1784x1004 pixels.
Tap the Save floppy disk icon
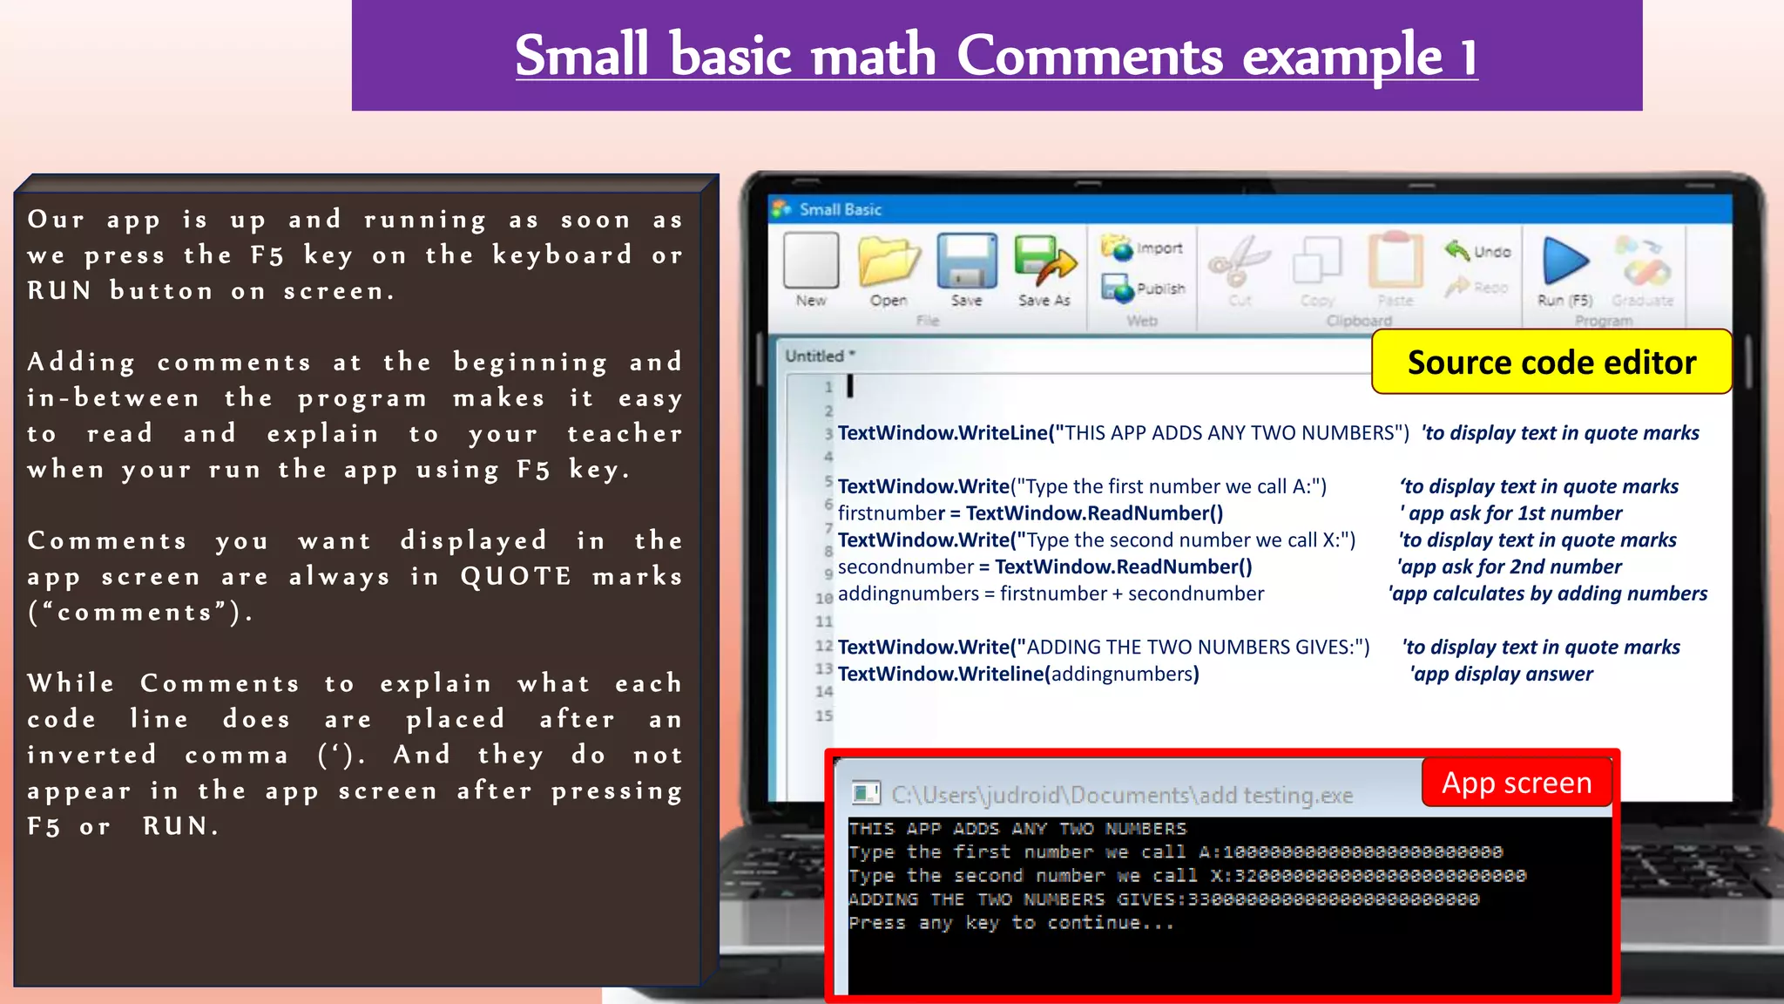point(966,261)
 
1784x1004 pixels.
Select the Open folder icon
point(888,261)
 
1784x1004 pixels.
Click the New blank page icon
point(810,261)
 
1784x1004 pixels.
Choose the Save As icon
point(1044,262)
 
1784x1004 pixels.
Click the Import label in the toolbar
point(1159,248)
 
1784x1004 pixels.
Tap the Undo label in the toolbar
point(1492,252)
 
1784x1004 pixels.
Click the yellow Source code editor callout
point(1551,362)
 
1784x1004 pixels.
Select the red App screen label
point(1517,783)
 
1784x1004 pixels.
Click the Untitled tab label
point(815,356)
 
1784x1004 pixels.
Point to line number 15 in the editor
point(824,716)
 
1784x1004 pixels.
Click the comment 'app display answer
point(1502,674)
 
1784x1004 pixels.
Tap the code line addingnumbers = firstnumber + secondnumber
point(1051,594)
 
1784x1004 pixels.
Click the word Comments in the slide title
point(1090,56)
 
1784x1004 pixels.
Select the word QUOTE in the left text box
point(516,576)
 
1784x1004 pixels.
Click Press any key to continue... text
point(1010,923)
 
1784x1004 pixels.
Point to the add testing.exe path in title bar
point(1122,795)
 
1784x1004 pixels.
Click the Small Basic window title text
point(840,209)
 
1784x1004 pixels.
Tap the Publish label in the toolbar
point(1160,288)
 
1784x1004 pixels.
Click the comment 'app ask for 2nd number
point(1510,566)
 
